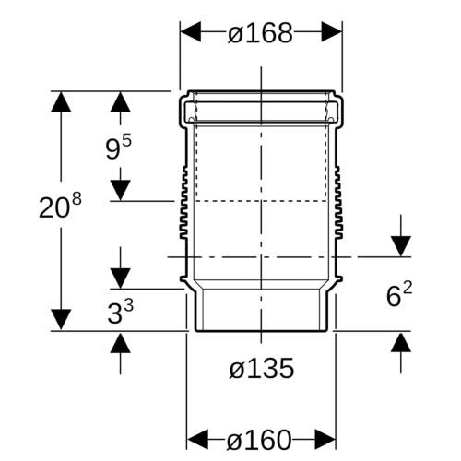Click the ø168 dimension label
tap(260, 32)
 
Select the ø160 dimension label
tap(258, 440)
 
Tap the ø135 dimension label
tap(261, 368)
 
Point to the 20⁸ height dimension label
tap(60, 206)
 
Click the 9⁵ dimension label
tap(118, 148)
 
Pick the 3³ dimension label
tap(120, 312)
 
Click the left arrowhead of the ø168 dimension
tap(191, 31)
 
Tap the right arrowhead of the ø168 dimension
tap(332, 31)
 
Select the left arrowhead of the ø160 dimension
tap(197, 440)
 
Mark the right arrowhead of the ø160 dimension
tap(325, 440)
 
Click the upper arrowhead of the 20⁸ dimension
tap(61, 101)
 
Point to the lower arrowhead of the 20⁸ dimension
tap(61, 320)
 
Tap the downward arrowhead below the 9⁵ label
tap(120, 190)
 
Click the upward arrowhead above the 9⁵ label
tap(120, 101)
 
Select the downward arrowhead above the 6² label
tap(401, 246)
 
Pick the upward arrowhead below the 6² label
tap(401, 342)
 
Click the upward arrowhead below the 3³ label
tap(120, 342)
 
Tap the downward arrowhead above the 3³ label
tap(120, 278)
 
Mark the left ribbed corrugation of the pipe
tap(183, 202)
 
